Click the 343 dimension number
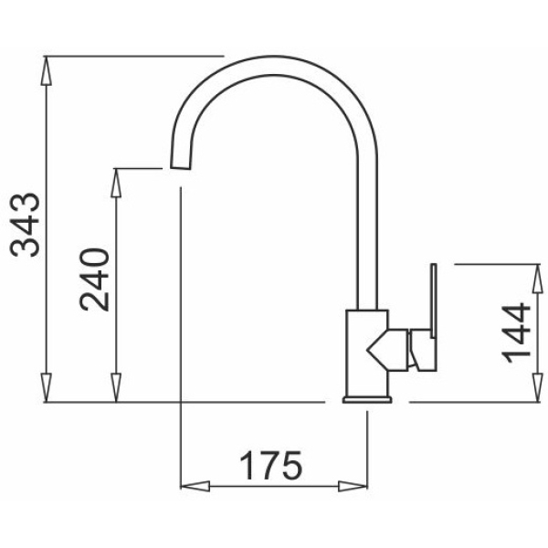[26, 225]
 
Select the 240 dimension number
[94, 279]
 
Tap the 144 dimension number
[516, 332]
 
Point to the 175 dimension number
[271, 466]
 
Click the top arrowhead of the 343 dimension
[46, 70]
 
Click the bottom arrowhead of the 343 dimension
[46, 387]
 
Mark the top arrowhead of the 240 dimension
[116, 184]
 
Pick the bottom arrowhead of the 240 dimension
[116, 387]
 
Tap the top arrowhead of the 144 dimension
[537, 279]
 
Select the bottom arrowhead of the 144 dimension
[537, 387]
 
